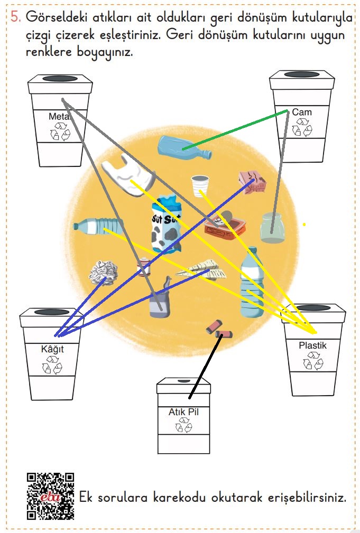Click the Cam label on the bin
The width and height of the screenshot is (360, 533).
tap(302, 112)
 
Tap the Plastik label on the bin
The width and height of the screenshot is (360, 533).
tap(312, 345)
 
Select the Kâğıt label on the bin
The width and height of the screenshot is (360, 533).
tap(52, 349)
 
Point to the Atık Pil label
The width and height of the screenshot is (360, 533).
tap(183, 412)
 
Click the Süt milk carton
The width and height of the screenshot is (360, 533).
tap(167, 225)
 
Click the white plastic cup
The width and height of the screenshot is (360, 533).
tap(200, 185)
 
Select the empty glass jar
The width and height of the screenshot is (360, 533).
tap(272, 228)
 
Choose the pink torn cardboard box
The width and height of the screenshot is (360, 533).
tap(253, 183)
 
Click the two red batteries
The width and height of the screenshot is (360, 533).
tap(219, 330)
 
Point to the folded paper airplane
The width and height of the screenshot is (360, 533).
tap(201, 269)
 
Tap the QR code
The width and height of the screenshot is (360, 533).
tap(50, 497)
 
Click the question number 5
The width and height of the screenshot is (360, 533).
tap(15, 16)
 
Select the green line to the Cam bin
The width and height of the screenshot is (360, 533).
tap(235, 130)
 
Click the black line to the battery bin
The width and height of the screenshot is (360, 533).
tap(206, 366)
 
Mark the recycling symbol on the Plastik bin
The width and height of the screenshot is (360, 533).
tap(313, 361)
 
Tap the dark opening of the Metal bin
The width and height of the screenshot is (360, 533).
tap(60, 79)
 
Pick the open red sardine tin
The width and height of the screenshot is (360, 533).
tap(225, 226)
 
